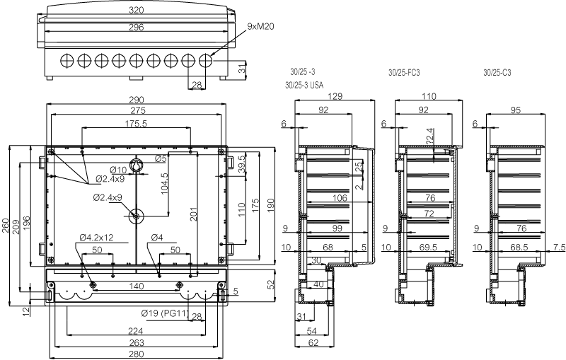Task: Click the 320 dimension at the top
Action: pos(136,11)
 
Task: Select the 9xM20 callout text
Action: pos(261,26)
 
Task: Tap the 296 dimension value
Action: pos(136,27)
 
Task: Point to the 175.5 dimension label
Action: pos(136,123)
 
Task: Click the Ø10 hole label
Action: pos(117,170)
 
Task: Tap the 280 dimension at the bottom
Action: pos(136,354)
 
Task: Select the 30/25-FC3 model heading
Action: pos(404,73)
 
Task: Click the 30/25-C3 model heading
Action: pos(497,73)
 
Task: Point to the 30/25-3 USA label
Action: pos(304,85)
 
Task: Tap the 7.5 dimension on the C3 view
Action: pos(559,247)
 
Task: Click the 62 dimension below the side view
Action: pos(311,342)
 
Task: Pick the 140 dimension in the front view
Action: pos(136,286)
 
